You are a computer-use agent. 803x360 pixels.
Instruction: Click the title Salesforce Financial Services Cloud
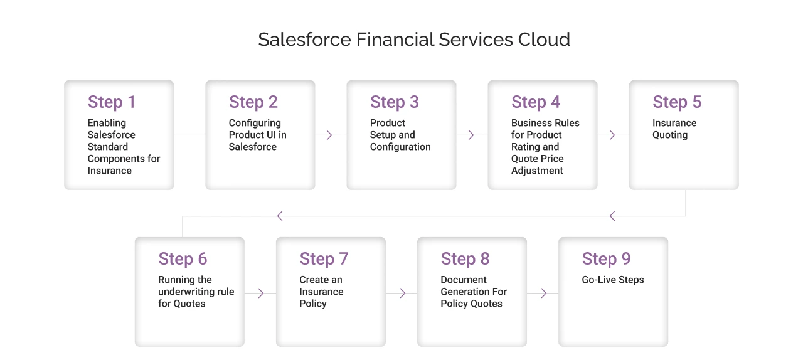point(414,40)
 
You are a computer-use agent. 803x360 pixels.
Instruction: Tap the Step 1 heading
point(112,102)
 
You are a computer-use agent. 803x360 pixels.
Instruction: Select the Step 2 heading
point(253,102)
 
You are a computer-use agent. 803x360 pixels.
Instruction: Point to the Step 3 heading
point(394,102)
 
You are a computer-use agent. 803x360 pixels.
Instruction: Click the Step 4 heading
point(536,102)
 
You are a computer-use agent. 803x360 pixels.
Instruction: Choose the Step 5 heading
point(677,102)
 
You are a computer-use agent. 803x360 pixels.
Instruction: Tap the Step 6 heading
point(183,259)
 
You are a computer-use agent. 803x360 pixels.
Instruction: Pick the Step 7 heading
point(324,259)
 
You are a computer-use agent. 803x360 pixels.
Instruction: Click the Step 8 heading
point(465,259)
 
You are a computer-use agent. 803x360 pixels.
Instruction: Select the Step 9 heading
point(606,259)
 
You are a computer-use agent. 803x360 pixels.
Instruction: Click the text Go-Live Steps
point(613,280)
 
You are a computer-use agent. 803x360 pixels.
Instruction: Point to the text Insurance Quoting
point(674,129)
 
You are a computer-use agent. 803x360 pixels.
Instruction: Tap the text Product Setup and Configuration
point(400,135)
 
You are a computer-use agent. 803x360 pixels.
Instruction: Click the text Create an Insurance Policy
point(321,292)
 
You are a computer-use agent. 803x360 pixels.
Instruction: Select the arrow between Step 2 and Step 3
point(329,135)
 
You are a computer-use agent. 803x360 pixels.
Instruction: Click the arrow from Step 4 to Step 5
point(612,135)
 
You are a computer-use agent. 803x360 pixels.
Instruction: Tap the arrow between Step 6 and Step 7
point(261,293)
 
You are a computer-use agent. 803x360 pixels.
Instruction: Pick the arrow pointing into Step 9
point(543,293)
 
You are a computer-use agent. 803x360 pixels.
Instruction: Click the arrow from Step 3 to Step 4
point(471,135)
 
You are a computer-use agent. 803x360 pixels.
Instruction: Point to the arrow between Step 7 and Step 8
point(402,293)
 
